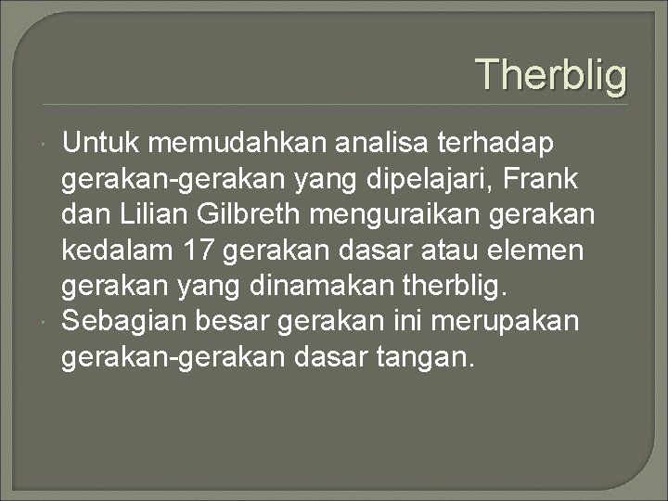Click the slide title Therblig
[x=551, y=75]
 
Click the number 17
[x=201, y=250]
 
